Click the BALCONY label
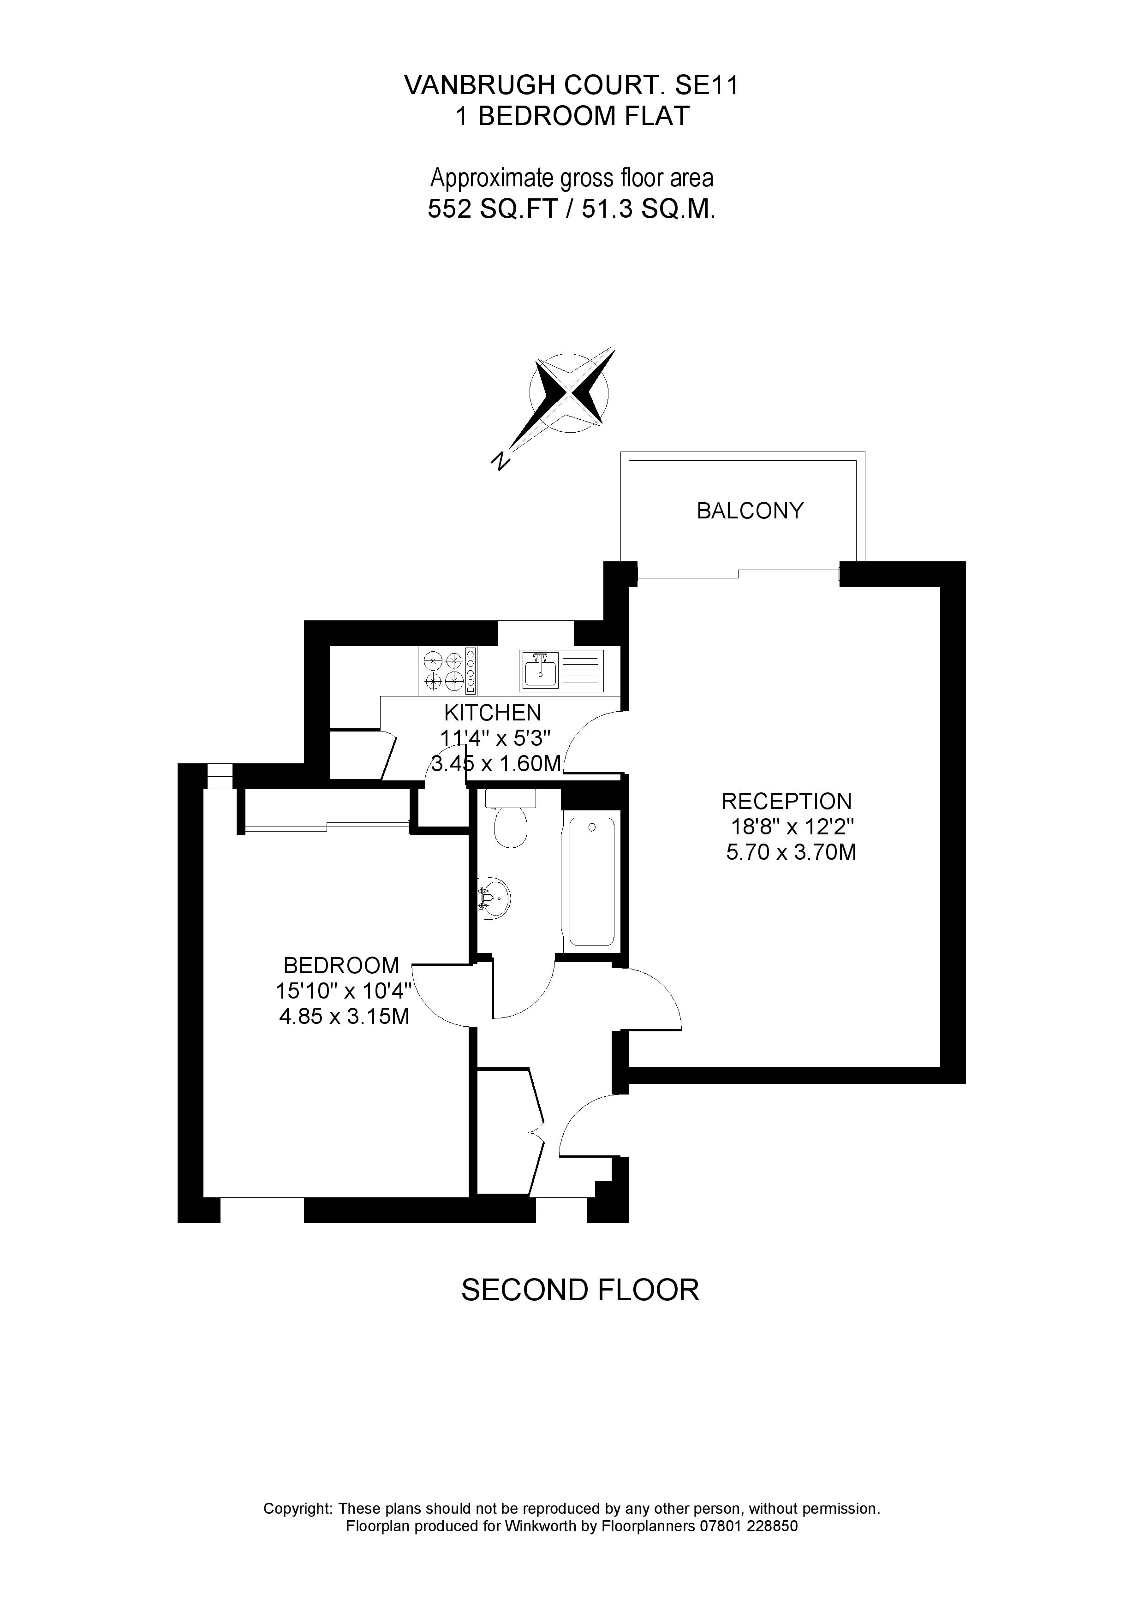[750, 511]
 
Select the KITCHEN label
[492, 713]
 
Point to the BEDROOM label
[341, 965]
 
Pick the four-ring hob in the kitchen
[444, 670]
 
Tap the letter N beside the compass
[500, 461]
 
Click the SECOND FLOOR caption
[580, 1290]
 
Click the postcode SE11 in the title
[707, 85]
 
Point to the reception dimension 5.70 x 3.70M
[791, 853]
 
